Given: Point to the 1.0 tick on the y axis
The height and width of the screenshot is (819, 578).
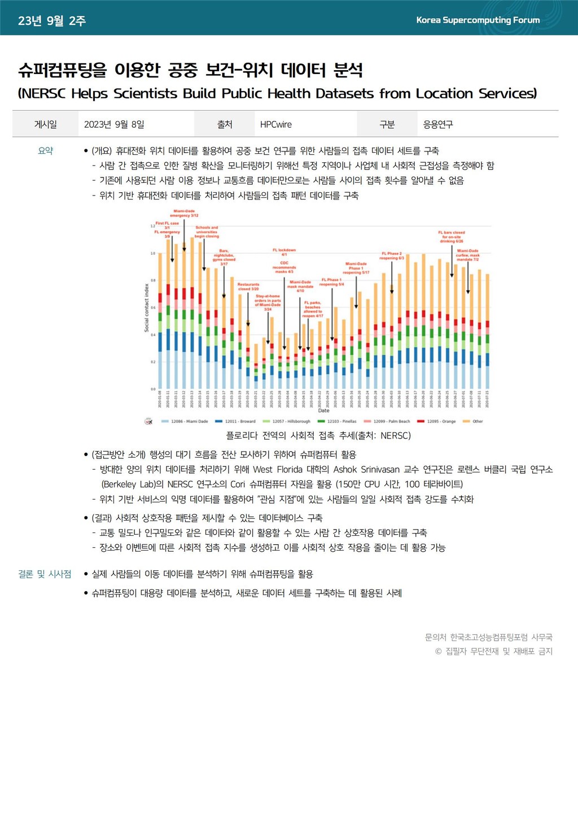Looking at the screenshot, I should tap(152, 253).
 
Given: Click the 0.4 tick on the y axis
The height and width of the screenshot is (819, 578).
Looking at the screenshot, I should tap(152, 335).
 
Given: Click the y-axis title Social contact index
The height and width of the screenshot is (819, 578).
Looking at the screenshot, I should tap(147, 307).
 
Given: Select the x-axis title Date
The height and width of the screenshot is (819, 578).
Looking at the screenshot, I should tap(323, 411).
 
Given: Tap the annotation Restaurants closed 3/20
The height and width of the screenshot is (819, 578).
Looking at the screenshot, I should tap(248, 287).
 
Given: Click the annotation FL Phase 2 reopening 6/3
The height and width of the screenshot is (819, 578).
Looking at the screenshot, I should tap(392, 255).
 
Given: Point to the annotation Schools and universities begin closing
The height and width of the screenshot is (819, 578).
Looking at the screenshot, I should tap(207, 232).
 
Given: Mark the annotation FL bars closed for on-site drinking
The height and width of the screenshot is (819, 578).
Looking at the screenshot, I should tap(452, 236).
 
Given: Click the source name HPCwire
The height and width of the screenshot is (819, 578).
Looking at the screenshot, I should tap(276, 124).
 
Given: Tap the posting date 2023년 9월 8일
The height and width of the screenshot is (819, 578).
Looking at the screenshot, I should tap(114, 124).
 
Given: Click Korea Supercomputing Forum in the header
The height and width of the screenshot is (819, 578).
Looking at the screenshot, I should tap(478, 20).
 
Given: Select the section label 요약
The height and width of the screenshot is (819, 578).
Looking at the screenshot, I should tap(45, 151).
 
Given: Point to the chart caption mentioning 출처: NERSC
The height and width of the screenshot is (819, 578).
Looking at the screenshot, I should tap(318, 436).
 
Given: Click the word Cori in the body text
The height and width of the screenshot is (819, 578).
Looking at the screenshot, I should tap(238, 484).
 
